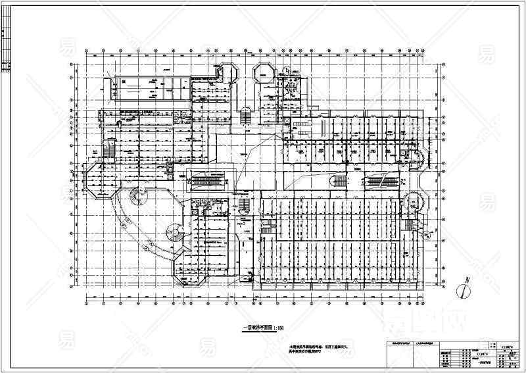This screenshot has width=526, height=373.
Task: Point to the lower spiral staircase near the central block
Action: click(176, 232)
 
